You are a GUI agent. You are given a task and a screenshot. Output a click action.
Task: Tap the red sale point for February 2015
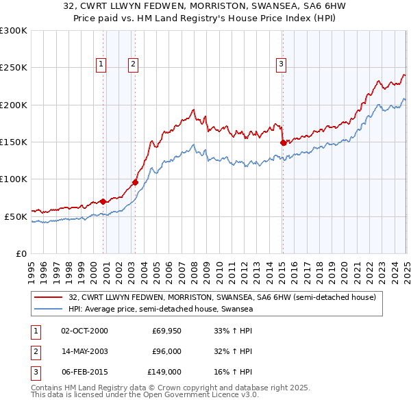283,142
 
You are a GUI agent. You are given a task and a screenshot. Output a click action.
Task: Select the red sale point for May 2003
136,182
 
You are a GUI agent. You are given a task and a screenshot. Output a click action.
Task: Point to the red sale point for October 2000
103,201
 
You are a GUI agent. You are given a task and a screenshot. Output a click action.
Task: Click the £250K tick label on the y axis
14,68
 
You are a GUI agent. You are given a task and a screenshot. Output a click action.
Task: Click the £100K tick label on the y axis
14,179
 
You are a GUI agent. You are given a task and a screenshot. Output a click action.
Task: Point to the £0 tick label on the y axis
21,253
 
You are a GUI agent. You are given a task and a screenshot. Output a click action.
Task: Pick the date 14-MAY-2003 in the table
85,351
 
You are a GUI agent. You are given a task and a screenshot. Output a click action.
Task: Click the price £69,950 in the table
167,331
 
